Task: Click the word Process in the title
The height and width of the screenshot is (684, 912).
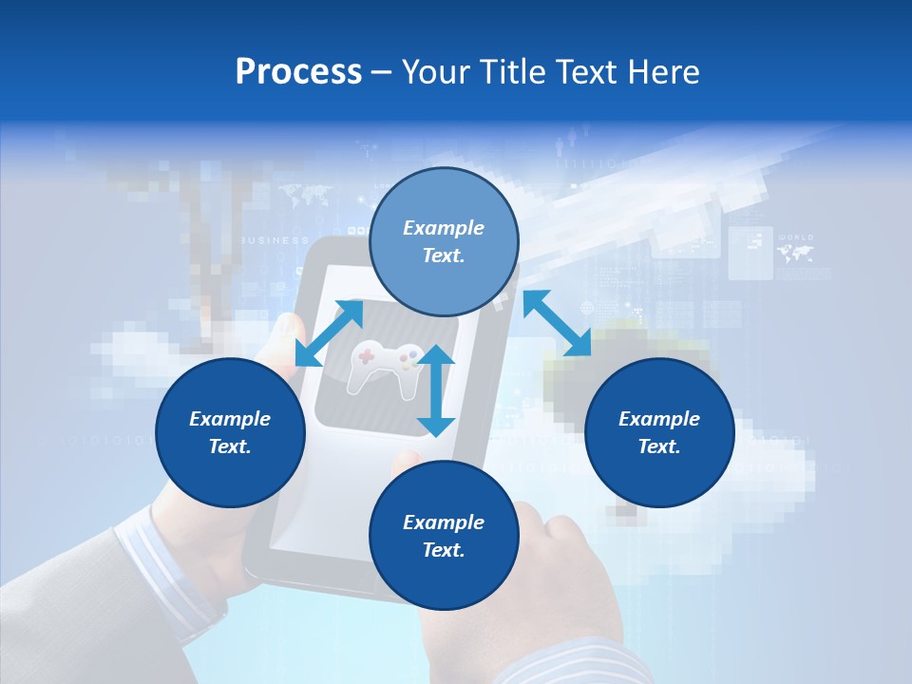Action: [298, 72]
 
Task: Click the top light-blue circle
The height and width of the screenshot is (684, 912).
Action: [444, 241]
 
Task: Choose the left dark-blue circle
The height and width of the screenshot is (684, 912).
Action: [230, 432]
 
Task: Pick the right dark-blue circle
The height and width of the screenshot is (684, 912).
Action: [659, 432]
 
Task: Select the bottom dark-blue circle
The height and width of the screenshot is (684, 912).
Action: [444, 536]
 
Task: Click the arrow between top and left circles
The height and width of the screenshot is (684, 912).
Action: [329, 332]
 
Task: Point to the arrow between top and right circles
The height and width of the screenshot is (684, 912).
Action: [557, 323]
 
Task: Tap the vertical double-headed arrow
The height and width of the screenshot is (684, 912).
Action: [436, 390]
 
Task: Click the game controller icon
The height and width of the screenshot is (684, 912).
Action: [385, 366]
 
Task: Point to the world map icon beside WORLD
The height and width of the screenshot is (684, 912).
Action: [795, 254]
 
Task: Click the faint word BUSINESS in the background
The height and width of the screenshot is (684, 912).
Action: [275, 240]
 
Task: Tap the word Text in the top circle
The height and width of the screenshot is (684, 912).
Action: [444, 256]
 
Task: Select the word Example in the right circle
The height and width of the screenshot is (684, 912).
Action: [659, 419]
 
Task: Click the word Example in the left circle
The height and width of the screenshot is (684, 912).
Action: [230, 419]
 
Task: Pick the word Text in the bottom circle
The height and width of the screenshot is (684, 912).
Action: [444, 550]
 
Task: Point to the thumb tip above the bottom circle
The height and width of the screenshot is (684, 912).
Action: [408, 460]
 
